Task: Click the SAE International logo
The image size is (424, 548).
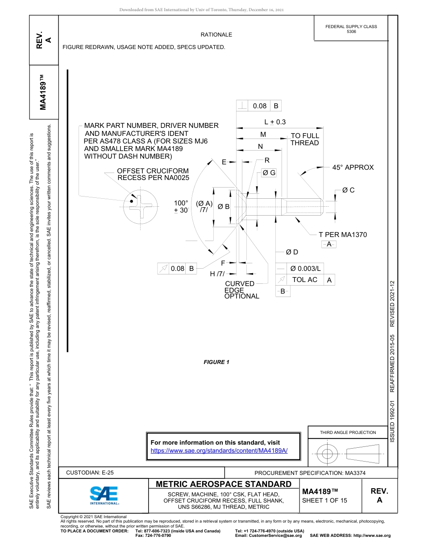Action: point(104,495)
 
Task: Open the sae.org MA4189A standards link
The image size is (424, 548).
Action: point(219,450)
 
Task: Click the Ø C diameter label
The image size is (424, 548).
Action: point(348,190)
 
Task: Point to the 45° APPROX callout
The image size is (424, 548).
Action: point(353,168)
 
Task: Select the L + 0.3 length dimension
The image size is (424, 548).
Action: point(275,122)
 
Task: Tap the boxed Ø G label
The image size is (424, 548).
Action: point(269,173)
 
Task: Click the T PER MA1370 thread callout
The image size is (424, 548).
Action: point(342,234)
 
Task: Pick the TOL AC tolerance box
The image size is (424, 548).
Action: point(305,279)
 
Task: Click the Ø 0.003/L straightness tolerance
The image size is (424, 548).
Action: point(305,268)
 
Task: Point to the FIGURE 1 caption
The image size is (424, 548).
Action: point(216,362)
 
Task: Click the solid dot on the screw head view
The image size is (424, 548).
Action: point(131,201)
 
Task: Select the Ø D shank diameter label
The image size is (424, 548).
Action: point(292,252)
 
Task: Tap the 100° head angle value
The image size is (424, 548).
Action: point(181,203)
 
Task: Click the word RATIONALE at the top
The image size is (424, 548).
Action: point(216,35)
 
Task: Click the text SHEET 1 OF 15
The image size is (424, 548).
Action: point(324,500)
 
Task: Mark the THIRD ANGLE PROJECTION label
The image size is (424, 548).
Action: point(348,432)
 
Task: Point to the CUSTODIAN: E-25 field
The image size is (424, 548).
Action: point(90,472)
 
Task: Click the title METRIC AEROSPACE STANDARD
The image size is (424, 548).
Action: point(224,484)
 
